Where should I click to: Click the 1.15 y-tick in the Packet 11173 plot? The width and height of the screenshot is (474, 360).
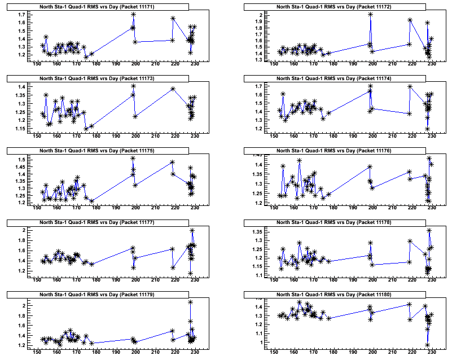click(20, 129)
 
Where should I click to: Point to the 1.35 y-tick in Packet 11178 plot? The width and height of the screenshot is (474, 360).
click(257, 232)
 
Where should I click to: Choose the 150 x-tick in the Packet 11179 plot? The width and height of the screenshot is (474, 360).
click(37, 352)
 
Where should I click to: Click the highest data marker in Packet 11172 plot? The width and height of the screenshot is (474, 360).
click(370, 14)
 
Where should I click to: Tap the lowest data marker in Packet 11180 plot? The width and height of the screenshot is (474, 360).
click(427, 345)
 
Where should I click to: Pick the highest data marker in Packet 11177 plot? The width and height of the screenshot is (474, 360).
click(192, 230)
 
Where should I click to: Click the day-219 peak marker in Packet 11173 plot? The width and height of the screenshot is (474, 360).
click(173, 89)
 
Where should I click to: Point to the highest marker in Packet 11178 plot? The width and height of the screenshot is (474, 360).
click(429, 230)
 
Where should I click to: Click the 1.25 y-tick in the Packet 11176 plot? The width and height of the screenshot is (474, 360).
click(257, 193)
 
